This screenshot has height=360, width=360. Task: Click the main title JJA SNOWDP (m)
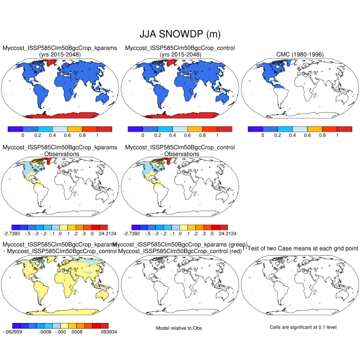[x=179, y=34]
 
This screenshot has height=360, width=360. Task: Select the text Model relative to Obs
[x=179, y=328]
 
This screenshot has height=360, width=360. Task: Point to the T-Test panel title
[x=300, y=248]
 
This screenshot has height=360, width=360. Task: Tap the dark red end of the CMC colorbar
[x=345, y=129]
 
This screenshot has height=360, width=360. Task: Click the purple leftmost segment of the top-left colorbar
[x=15, y=129]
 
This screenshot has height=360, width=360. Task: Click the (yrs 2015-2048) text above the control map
[x=180, y=55]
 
